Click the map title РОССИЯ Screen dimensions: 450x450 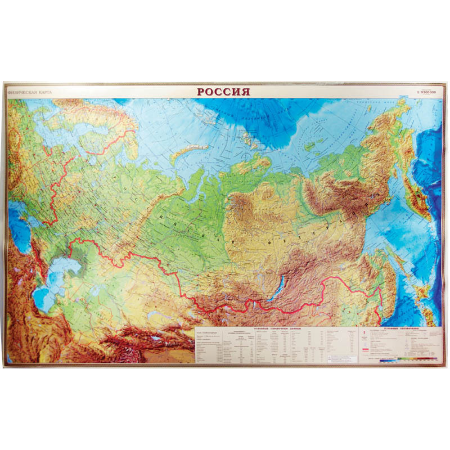[x=223, y=92]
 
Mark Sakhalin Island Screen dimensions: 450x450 [x=402, y=264]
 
